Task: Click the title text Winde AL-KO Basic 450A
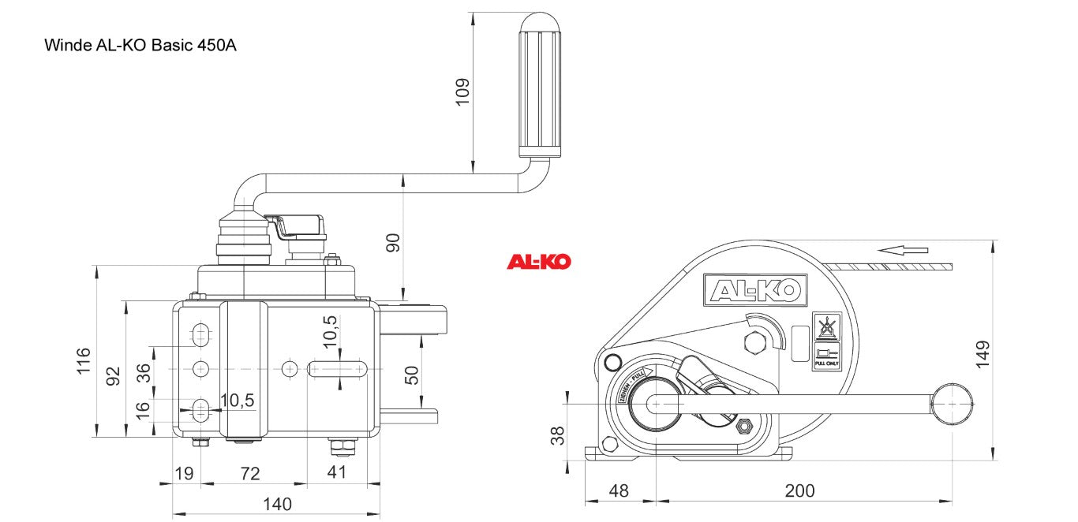pyautogui.click(x=140, y=45)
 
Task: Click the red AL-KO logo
pyautogui.click(x=538, y=262)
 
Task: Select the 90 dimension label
pyautogui.click(x=393, y=242)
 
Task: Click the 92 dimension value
pyautogui.click(x=113, y=375)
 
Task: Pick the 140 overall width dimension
pyautogui.click(x=277, y=504)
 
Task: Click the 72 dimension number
pyautogui.click(x=250, y=473)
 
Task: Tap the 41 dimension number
pyautogui.click(x=336, y=473)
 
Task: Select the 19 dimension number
pyautogui.click(x=184, y=473)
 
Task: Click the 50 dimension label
pyautogui.click(x=411, y=375)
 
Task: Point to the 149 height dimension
pyautogui.click(x=983, y=354)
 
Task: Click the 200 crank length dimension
pyautogui.click(x=799, y=490)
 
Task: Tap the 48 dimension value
pyautogui.click(x=619, y=490)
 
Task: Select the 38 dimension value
pyautogui.click(x=557, y=435)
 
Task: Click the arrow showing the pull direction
pyautogui.click(x=904, y=250)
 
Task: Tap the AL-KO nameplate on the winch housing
pyautogui.click(x=754, y=291)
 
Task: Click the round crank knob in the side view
pyautogui.click(x=953, y=404)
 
